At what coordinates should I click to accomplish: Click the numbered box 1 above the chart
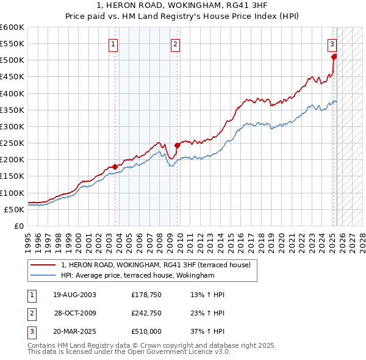pos(114,43)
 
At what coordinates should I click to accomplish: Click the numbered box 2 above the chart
pos(175,43)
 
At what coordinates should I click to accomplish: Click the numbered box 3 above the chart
pos(332,43)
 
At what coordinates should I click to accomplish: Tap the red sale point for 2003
pos(115,167)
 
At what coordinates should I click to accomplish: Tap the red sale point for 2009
pos(178,145)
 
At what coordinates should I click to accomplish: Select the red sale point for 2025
pos(334,57)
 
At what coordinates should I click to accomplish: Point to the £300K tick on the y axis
pos(13,126)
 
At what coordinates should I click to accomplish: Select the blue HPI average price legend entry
pos(137,275)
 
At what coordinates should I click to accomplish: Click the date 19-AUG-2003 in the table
pos(74,295)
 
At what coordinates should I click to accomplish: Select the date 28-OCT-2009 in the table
pos(74,314)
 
